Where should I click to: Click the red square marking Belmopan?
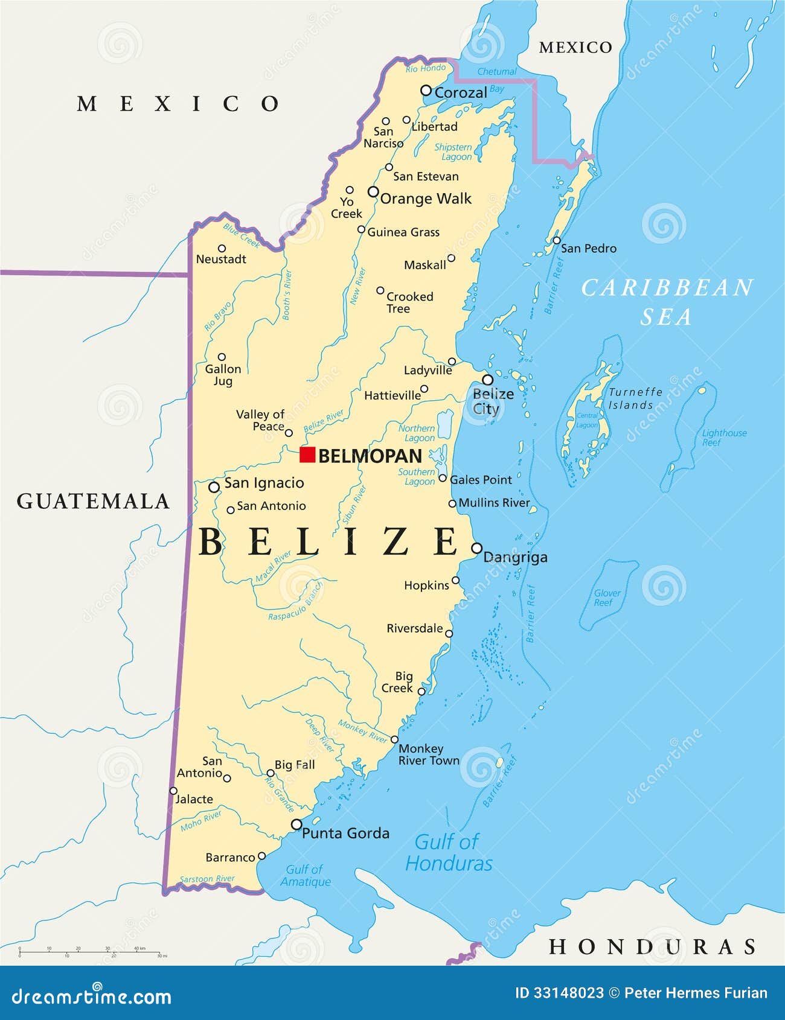(307, 454)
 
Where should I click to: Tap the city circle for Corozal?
(426, 91)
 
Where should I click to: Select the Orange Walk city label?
(426, 199)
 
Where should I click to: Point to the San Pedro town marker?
(557, 240)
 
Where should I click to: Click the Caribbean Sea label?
(667, 302)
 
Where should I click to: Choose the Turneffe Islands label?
(634, 398)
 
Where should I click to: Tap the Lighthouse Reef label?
(724, 438)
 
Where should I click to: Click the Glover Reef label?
(607, 598)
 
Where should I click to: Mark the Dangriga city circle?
(476, 548)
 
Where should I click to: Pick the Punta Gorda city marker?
(296, 824)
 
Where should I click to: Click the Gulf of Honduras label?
(449, 852)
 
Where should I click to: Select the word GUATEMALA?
(93, 501)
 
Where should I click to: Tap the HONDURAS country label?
(652, 946)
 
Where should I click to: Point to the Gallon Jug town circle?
(222, 357)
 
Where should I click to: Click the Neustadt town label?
(221, 260)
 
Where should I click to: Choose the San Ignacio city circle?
(214, 487)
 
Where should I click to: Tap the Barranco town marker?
(261, 856)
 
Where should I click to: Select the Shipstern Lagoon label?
(454, 152)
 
